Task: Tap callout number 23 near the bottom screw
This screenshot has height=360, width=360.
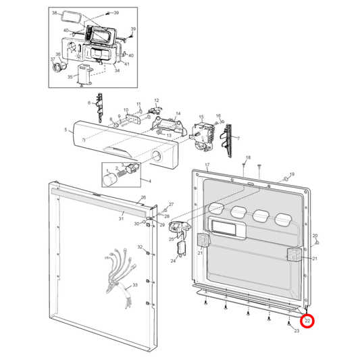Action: tap(297, 331)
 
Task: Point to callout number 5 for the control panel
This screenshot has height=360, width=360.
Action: tap(66, 130)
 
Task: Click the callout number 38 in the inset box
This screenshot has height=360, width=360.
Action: tap(55, 14)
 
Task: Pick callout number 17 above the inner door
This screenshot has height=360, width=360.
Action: tap(207, 165)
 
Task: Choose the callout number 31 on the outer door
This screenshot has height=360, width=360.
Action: tap(122, 218)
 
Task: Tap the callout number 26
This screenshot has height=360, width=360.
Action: tap(143, 199)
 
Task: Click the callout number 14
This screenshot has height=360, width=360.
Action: tap(178, 114)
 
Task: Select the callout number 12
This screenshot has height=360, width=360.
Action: tap(156, 101)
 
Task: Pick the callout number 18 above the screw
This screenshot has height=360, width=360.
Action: tap(248, 157)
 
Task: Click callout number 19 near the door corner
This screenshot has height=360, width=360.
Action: tap(292, 175)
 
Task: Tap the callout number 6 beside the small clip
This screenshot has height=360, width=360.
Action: tap(88, 102)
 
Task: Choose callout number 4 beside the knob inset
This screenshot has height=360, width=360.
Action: tap(149, 180)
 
